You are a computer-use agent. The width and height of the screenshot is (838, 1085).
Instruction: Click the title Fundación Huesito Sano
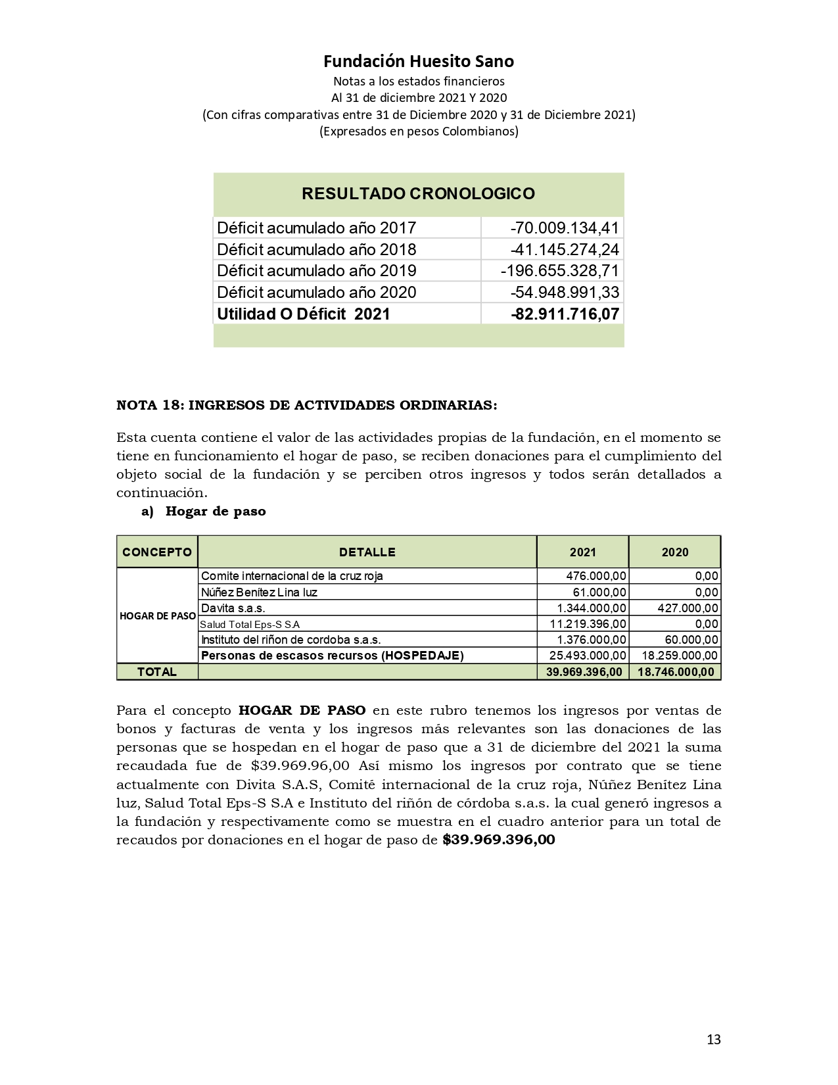419,61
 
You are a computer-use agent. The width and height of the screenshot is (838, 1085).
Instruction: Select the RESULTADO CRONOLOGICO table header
418,194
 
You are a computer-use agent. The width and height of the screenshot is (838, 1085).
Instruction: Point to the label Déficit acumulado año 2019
316,271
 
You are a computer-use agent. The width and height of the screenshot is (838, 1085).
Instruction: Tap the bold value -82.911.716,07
565,314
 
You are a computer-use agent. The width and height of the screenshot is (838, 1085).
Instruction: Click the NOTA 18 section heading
306,405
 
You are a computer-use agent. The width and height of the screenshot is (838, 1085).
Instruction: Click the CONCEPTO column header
157,552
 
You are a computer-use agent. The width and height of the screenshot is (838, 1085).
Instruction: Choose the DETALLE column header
367,552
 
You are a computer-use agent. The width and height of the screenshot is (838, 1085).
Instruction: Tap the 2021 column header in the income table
582,552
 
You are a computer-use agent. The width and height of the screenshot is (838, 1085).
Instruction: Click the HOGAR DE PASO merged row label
157,616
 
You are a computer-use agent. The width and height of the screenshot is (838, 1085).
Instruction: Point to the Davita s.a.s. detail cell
233,608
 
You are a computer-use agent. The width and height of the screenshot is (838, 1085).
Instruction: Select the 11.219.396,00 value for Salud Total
588,624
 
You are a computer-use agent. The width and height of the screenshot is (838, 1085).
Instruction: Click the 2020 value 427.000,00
687,608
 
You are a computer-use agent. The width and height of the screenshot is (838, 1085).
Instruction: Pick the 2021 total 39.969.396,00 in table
584,672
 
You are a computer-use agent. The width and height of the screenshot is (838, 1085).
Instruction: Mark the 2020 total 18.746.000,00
675,672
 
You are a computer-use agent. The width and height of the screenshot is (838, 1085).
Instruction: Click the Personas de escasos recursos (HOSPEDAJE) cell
332,656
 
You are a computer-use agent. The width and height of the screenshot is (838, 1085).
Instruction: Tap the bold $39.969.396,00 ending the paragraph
499,840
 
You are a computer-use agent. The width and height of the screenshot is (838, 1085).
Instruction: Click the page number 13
713,1040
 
